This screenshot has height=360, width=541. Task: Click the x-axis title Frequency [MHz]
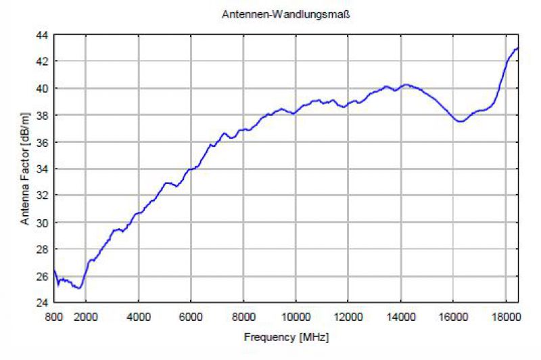[287, 336]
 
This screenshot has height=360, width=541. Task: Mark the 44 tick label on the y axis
[42, 35]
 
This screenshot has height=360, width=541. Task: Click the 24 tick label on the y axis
[42, 302]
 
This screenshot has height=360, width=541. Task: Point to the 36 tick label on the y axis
[42, 142]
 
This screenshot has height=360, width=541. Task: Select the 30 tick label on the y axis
[42, 223]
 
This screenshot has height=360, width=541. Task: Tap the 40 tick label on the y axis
[42, 89]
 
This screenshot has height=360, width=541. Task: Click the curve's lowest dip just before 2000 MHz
[80, 288]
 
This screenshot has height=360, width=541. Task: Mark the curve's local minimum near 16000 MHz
[461, 121]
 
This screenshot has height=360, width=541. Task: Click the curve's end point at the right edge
[518, 48]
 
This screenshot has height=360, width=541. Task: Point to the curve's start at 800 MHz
[54, 271]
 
